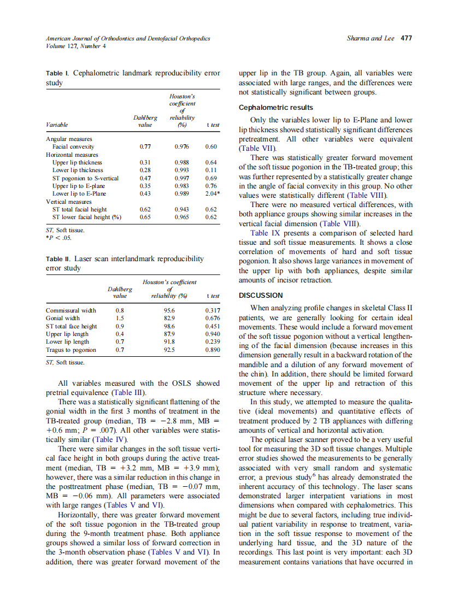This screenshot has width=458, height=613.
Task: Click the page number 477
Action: (x=406, y=39)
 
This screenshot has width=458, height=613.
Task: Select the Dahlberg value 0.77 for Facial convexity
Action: (x=145, y=146)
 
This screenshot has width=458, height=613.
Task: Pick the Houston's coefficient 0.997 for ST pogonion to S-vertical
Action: (x=182, y=178)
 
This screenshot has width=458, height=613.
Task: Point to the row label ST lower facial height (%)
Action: (x=86, y=217)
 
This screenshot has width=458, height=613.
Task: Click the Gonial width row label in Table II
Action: (x=63, y=318)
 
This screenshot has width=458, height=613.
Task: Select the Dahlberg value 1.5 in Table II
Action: (x=120, y=318)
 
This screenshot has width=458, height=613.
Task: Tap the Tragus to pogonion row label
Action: (x=71, y=350)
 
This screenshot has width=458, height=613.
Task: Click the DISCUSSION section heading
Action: (x=261, y=296)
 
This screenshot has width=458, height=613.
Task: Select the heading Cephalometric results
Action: (x=276, y=108)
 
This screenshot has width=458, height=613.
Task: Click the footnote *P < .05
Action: (x=58, y=238)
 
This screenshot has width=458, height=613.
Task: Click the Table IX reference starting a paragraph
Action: (x=266, y=233)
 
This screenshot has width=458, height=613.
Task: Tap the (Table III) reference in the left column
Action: (x=129, y=392)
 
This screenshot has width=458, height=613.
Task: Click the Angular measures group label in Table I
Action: (x=69, y=139)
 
